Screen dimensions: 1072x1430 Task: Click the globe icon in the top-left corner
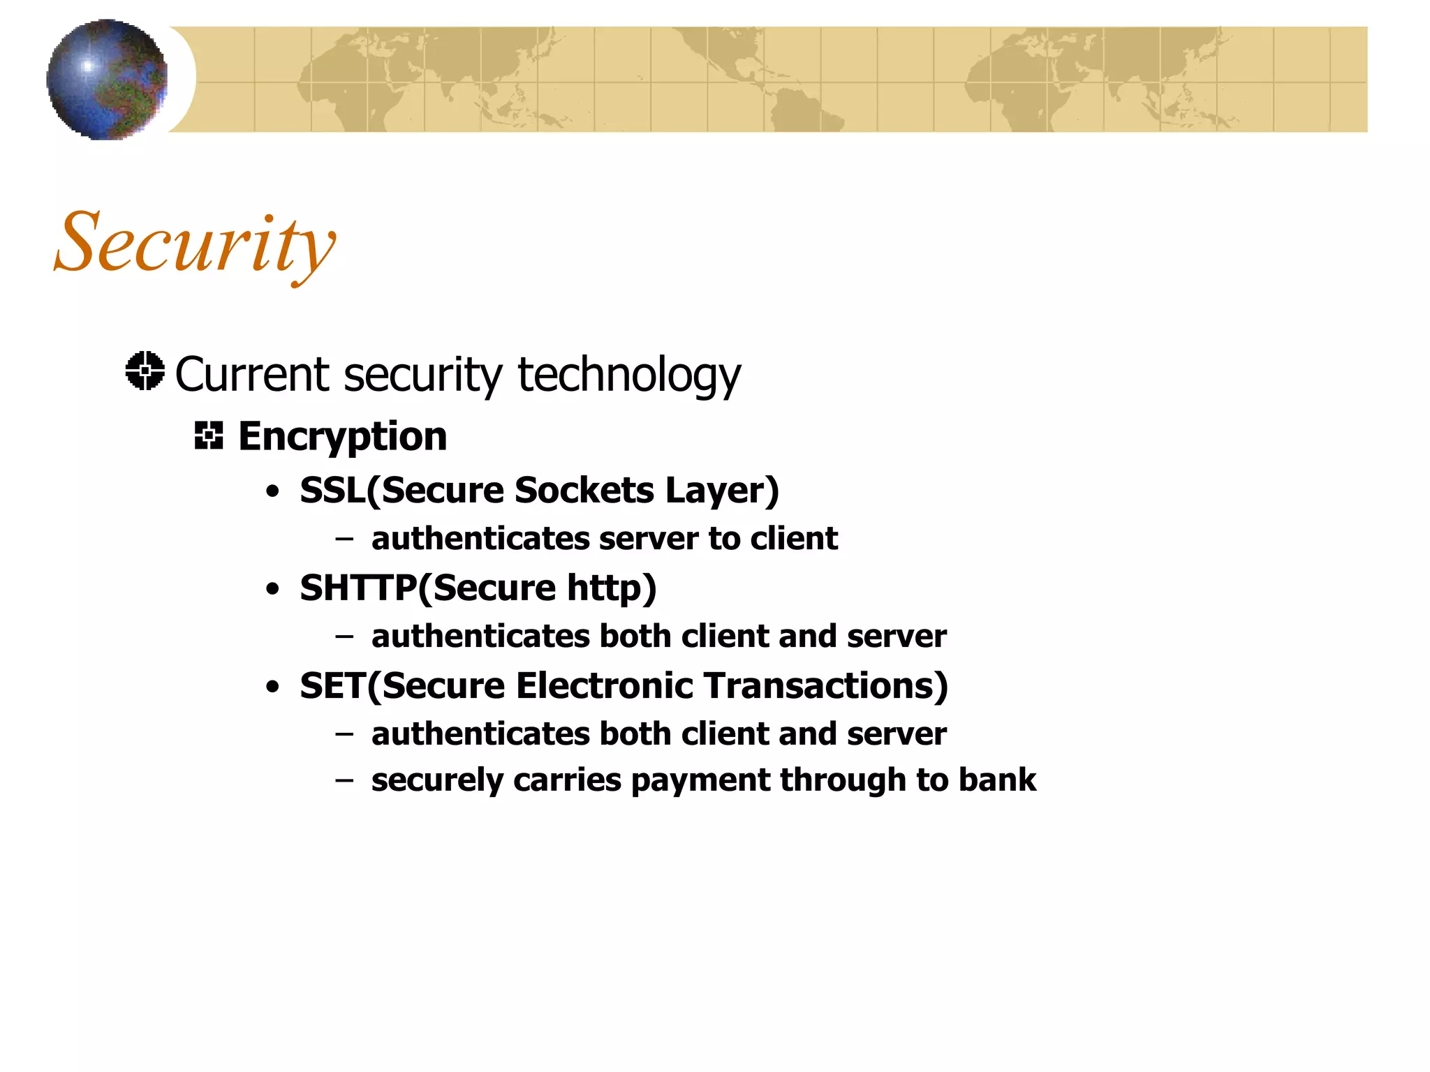107,80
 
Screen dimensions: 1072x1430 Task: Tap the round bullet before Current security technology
145,371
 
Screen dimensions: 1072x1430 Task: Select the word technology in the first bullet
628,375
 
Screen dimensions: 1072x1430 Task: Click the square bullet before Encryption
209,435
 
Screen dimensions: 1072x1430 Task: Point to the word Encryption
342,437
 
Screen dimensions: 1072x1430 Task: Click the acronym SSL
332,490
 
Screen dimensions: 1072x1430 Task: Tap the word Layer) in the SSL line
722,490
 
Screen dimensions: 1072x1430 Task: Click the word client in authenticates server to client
794,539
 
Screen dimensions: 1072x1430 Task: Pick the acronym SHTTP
358,588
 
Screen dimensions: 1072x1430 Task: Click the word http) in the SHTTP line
612,588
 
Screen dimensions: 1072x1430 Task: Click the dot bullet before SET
272,687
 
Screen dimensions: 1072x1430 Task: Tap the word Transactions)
825,685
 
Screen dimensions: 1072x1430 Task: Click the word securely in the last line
437,780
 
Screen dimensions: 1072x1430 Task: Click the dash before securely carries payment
344,780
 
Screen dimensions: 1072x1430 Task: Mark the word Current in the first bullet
251,375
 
